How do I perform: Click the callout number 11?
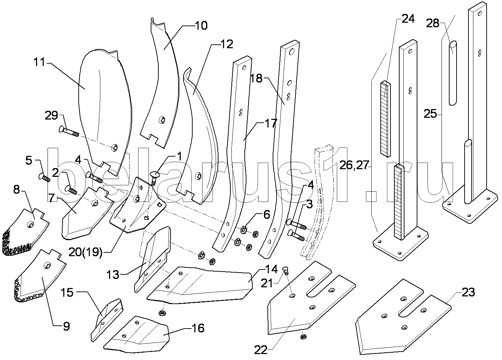point(40,63)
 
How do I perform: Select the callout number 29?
point(51,115)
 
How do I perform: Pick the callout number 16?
point(198,328)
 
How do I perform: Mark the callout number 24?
point(408,19)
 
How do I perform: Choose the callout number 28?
point(432,23)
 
